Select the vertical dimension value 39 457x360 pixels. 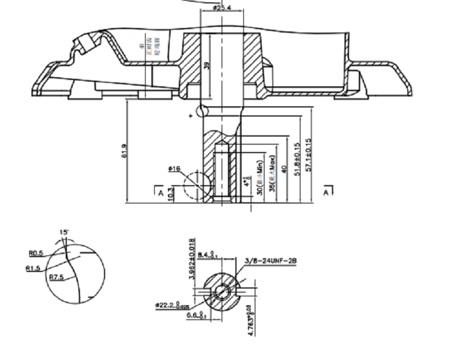207,66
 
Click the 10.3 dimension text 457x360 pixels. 171,193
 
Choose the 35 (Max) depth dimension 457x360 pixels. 274,175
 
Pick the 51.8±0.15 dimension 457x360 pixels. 296,159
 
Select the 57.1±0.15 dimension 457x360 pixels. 309,155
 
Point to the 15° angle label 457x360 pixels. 64,233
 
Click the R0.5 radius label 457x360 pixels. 36,253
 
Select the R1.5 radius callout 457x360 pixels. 33,267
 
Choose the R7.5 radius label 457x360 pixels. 56,277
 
